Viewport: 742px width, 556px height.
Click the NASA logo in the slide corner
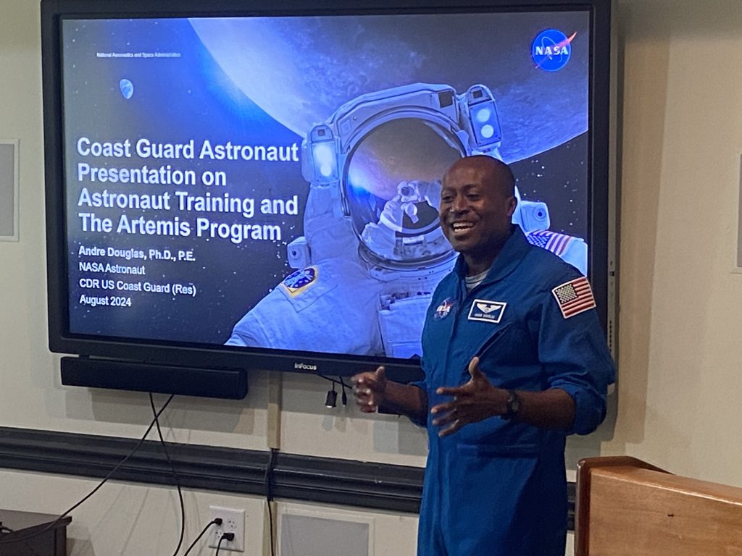pyautogui.click(x=552, y=49)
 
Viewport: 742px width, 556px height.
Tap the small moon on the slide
pyautogui.click(x=126, y=88)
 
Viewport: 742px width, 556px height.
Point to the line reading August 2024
pyautogui.click(x=104, y=302)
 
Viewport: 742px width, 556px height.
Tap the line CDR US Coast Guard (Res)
pyautogui.click(x=137, y=286)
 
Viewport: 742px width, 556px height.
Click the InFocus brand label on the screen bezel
pyautogui.click(x=304, y=366)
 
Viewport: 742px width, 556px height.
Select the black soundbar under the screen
pyautogui.click(x=154, y=377)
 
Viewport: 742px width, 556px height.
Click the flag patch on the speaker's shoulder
pyautogui.click(x=573, y=297)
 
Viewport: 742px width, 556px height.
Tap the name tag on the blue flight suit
pyautogui.click(x=486, y=310)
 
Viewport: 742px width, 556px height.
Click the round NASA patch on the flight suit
pyautogui.click(x=444, y=308)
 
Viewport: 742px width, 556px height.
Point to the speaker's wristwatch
pyautogui.click(x=512, y=404)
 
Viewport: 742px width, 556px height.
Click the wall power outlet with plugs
pyautogui.click(x=227, y=528)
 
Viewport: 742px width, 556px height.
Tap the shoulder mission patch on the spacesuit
pyautogui.click(x=299, y=280)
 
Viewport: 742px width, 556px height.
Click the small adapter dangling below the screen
pyautogui.click(x=331, y=397)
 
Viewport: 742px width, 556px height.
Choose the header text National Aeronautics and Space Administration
pyautogui.click(x=138, y=55)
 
